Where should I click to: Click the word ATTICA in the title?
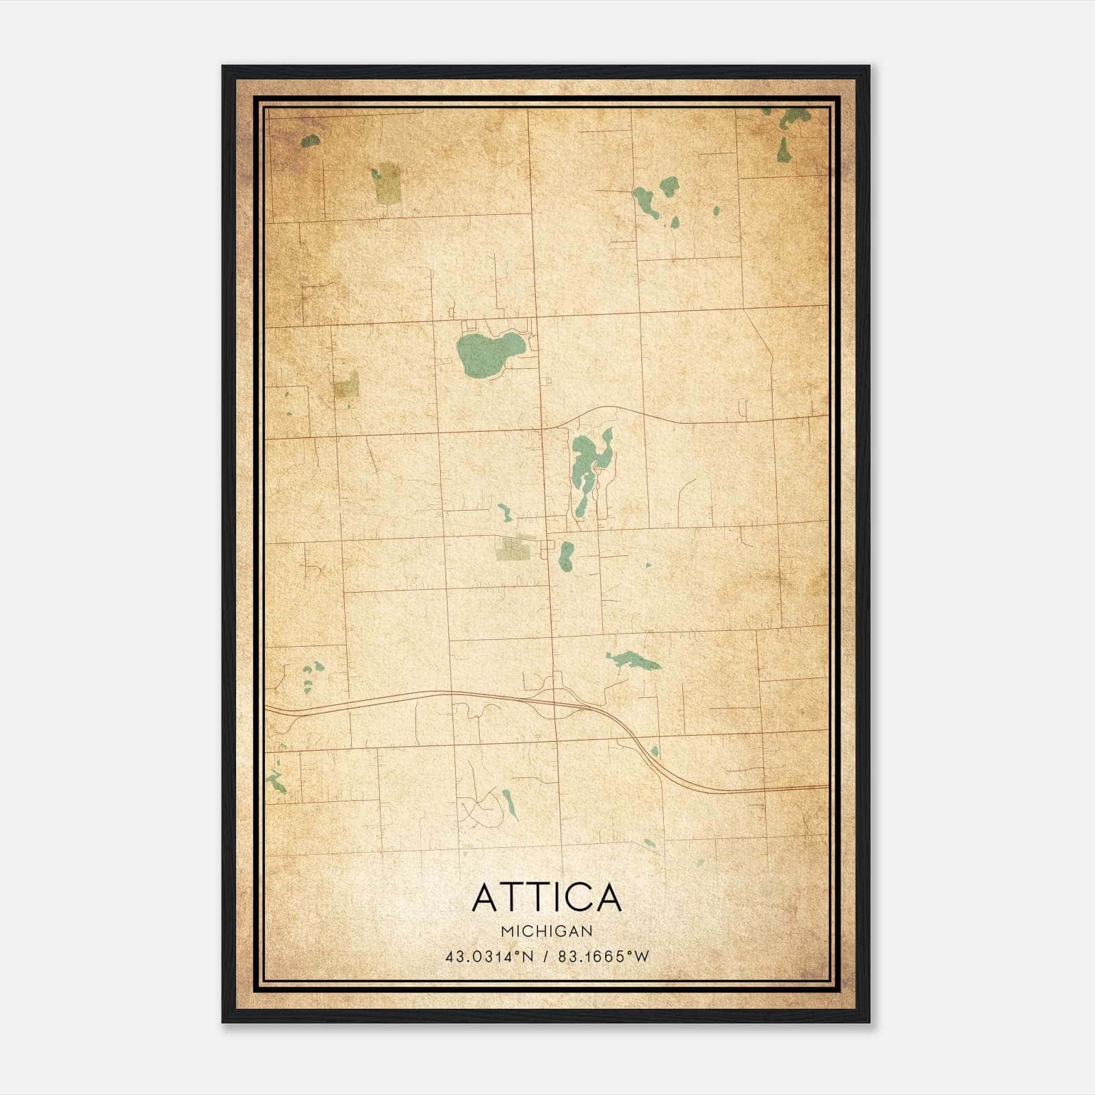coord(547,897)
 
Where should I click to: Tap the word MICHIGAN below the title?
coord(547,931)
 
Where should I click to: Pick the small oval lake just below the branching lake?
coord(566,556)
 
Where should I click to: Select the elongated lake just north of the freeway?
coord(633,660)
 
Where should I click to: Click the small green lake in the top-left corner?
coord(310,141)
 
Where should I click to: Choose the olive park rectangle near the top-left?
coord(388,183)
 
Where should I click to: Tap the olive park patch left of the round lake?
coord(346,385)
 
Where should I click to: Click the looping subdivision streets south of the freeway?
coord(479,808)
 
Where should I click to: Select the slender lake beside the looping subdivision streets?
coord(510,805)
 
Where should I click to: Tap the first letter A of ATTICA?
coord(486,897)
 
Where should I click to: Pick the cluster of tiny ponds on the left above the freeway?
coord(312,671)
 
